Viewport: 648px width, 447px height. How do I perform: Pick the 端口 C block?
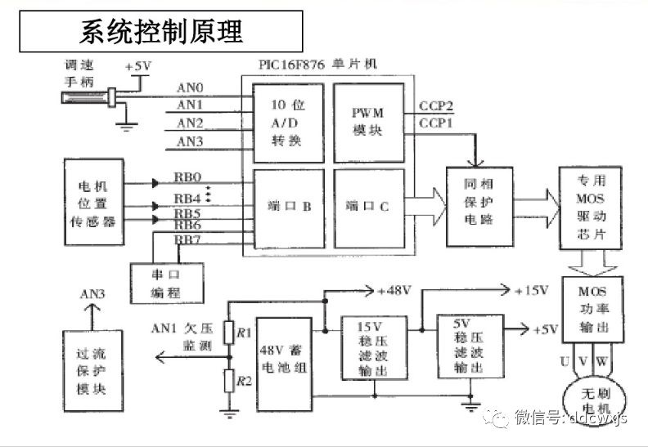[367, 208]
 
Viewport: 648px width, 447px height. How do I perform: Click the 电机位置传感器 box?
[94, 203]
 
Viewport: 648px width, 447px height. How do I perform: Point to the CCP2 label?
[436, 106]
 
